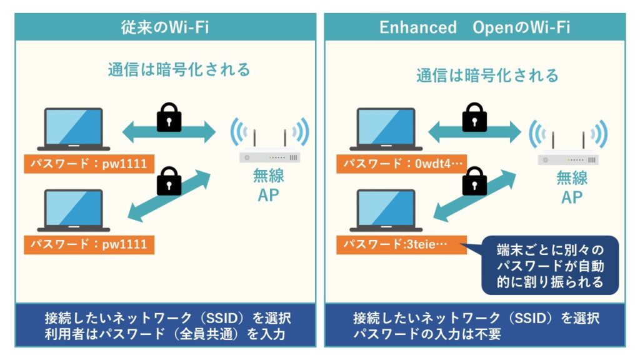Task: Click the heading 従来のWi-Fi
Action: point(165,27)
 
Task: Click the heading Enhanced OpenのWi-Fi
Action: point(474,27)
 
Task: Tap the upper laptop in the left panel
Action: point(74,129)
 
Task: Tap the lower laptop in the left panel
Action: point(74,210)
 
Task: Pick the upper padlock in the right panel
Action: point(474,116)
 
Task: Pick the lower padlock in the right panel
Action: point(474,181)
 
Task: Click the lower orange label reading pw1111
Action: point(87,244)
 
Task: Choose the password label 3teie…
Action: point(401,244)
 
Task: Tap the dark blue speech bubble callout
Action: point(550,264)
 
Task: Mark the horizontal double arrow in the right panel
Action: point(474,132)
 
